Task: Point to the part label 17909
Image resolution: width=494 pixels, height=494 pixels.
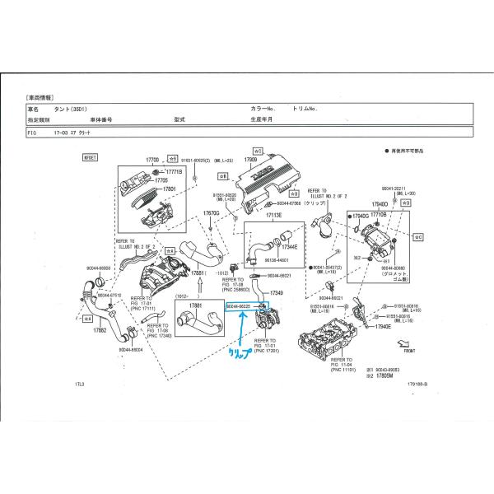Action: click(251, 159)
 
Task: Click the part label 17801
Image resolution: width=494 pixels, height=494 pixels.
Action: click(169, 189)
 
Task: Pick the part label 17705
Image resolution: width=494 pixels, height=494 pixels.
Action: click(161, 179)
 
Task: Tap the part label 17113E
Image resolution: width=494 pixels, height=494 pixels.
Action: click(273, 215)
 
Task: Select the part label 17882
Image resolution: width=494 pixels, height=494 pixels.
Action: click(100, 330)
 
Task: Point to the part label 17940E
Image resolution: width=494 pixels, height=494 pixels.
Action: click(381, 326)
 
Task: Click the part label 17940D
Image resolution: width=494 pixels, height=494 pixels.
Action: click(379, 203)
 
